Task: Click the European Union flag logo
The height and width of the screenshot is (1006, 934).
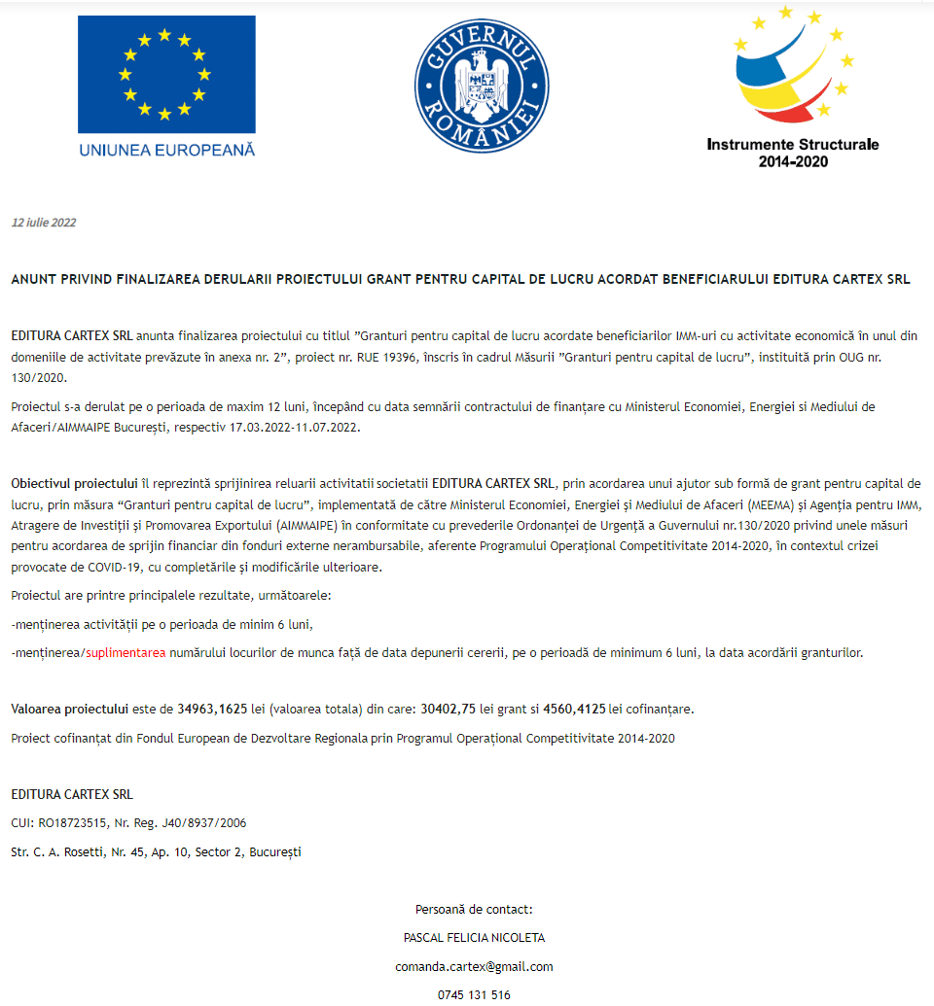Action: point(166,75)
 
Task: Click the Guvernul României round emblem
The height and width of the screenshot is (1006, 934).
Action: point(476,84)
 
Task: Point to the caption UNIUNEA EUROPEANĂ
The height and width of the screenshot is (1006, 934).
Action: point(166,150)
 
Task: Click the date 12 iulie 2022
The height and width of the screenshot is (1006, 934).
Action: point(44,223)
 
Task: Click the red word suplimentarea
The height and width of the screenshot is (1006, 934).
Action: point(126,653)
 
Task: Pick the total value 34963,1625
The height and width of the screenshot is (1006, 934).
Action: point(212,709)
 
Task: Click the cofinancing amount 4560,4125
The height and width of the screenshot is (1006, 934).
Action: point(574,709)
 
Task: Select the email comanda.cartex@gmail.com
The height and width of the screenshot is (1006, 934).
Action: point(474,966)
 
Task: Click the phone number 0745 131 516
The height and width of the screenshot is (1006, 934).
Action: point(474,994)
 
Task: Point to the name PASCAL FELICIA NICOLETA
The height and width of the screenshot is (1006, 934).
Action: point(474,938)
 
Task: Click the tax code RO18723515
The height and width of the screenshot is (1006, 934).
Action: point(72,823)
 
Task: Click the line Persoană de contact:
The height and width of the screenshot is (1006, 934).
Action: point(474,910)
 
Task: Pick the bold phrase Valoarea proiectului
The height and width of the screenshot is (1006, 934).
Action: point(69,709)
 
